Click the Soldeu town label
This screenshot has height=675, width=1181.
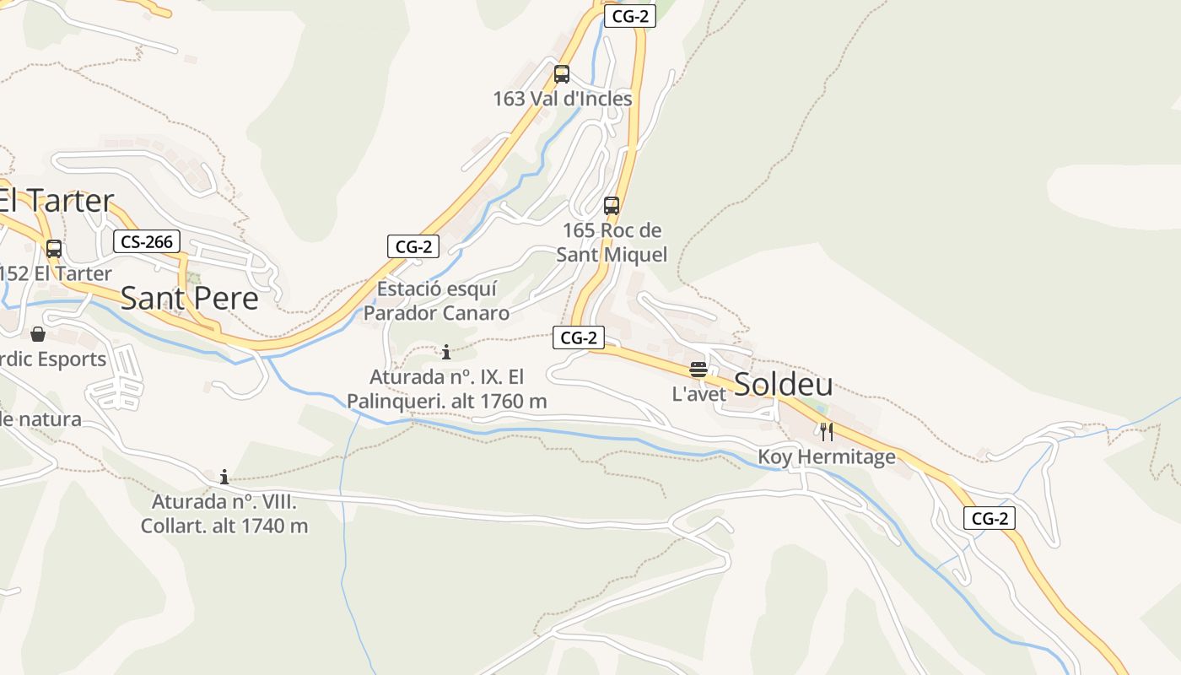point(783,384)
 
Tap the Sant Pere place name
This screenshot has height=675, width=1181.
point(189,299)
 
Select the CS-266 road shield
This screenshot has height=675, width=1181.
point(147,242)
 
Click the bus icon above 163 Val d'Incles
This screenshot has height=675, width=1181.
point(562,74)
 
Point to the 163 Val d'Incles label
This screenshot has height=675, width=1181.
point(562,99)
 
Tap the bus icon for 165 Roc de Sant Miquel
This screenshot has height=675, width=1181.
point(612,205)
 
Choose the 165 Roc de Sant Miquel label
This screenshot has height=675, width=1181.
point(612,242)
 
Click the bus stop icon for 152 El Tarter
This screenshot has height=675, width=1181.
point(54,249)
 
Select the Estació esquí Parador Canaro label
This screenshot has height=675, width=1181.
point(436,301)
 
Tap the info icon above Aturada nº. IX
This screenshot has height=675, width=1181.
point(446,352)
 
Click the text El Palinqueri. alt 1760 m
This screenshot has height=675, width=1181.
point(447,402)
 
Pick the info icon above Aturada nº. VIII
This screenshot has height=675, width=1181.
point(224,477)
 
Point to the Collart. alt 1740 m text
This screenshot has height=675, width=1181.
point(224,526)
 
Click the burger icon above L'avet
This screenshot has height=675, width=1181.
point(698,370)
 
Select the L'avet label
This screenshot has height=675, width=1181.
point(698,394)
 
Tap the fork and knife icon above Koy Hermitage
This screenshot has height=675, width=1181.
point(827,432)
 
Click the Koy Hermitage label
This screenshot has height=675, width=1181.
point(827,457)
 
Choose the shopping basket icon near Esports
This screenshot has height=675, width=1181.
point(38,334)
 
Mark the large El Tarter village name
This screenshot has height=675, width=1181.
point(56,201)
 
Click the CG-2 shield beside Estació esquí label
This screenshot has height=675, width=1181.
point(413,246)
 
